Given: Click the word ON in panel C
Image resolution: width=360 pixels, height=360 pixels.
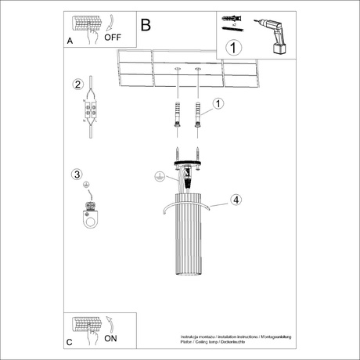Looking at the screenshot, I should coord(110,339).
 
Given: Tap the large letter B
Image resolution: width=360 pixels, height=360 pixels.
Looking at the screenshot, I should coord(146,24).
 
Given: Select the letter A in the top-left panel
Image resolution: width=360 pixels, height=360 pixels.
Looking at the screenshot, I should coord(71,41).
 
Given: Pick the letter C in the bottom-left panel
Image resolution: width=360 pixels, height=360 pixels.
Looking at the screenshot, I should coord(70,342).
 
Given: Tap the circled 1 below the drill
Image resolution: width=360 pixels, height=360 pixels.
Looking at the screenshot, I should coord(231,48).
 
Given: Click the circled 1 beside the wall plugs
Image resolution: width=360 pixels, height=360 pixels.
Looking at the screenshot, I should coord(218,103).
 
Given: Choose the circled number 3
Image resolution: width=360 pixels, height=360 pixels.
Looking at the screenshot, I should coord(77,175).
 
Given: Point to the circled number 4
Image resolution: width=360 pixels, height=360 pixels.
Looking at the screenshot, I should coord(235,200).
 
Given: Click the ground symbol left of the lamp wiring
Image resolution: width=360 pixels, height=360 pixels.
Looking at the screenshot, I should coord(160,178).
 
